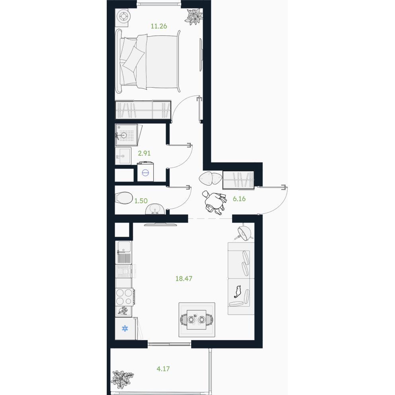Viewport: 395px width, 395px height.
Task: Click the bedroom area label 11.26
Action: [x=159, y=26]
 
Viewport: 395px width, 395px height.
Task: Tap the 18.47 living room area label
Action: [x=184, y=279]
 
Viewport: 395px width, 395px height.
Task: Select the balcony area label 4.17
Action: [x=163, y=369]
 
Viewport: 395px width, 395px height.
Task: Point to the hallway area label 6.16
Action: [x=239, y=199]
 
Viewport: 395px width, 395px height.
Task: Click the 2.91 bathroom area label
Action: [x=144, y=153]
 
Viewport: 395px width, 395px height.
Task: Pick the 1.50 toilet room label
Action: [x=141, y=201]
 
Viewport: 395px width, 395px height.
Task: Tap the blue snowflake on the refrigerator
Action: [x=125, y=328]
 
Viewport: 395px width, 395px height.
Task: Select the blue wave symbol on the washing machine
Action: [x=146, y=172]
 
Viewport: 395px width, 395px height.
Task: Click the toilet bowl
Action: [x=124, y=198]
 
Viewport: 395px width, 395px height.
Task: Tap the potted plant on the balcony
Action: [x=122, y=379]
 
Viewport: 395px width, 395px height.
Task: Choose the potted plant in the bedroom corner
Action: [x=194, y=17]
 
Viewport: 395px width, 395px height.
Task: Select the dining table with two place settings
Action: [x=196, y=320]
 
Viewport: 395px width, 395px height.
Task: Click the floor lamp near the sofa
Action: [x=244, y=232]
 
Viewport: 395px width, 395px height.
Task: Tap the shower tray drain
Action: [x=123, y=135]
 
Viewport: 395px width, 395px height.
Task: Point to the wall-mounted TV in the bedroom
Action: [x=201, y=55]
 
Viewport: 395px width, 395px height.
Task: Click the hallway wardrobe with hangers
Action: [x=238, y=180]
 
